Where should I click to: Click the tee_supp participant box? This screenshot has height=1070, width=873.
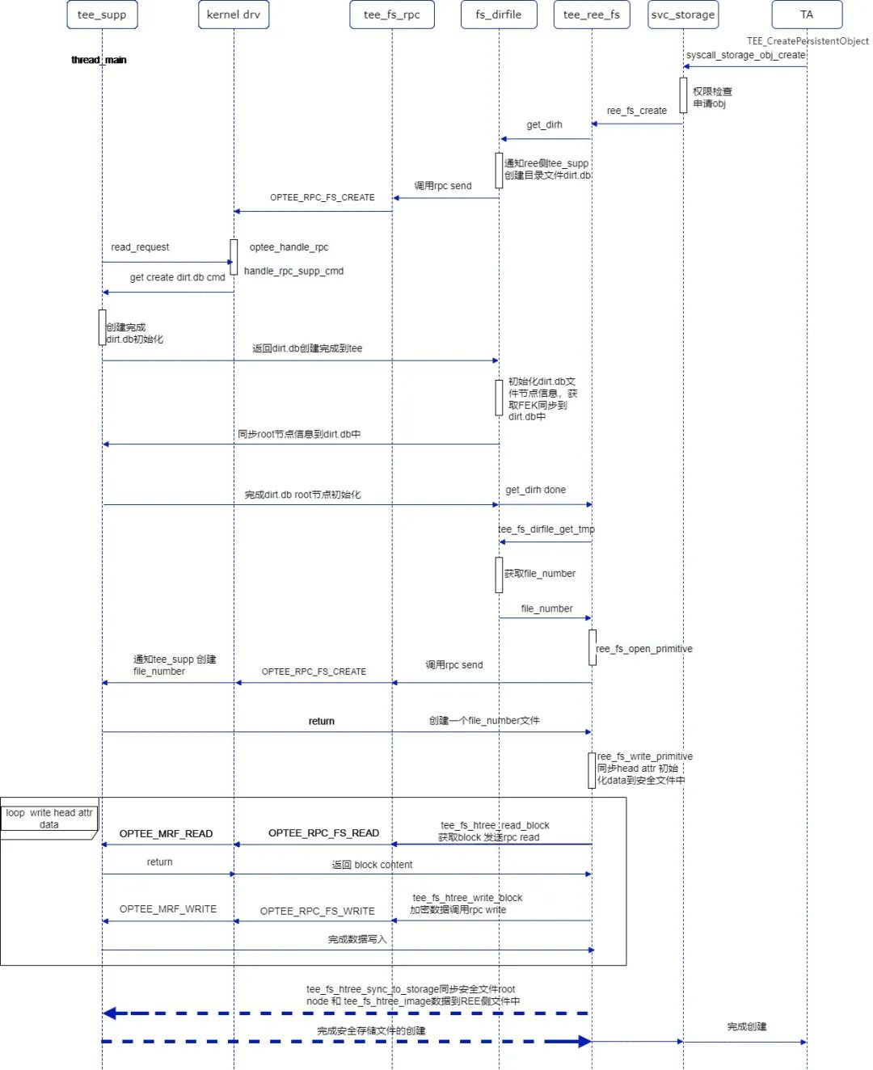pyautogui.click(x=102, y=15)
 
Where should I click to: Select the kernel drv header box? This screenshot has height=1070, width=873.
pyautogui.click(x=234, y=15)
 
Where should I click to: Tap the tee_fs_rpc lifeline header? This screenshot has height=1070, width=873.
pyautogui.click(x=392, y=15)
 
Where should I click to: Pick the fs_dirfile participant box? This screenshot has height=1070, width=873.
pyautogui.click(x=499, y=15)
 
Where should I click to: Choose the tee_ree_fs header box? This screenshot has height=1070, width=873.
pyautogui.click(x=592, y=15)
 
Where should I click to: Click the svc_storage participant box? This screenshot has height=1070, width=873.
pyautogui.click(x=683, y=15)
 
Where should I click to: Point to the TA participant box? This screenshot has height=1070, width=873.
pyautogui.click(x=807, y=15)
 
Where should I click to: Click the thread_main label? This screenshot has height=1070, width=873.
pyautogui.click(x=99, y=60)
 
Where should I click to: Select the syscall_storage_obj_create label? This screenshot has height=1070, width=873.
pyautogui.click(x=745, y=55)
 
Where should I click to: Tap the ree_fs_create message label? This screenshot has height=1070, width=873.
pyautogui.click(x=637, y=111)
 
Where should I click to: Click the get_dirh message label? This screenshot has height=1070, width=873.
pyautogui.click(x=544, y=124)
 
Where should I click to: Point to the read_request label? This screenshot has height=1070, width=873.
pyautogui.click(x=140, y=247)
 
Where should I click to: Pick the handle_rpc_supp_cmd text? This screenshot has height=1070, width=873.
pyautogui.click(x=293, y=271)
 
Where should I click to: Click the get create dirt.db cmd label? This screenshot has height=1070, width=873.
pyautogui.click(x=177, y=277)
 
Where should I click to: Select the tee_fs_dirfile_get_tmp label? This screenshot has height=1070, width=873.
pyautogui.click(x=546, y=529)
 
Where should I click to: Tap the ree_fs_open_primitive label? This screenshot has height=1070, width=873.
pyautogui.click(x=644, y=649)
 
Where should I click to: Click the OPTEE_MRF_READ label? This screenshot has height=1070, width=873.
pyautogui.click(x=166, y=833)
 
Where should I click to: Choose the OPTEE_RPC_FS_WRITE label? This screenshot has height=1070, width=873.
pyautogui.click(x=317, y=911)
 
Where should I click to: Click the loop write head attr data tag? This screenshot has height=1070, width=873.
pyautogui.click(x=48, y=819)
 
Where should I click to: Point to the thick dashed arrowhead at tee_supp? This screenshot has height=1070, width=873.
pyautogui.click(x=111, y=1013)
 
